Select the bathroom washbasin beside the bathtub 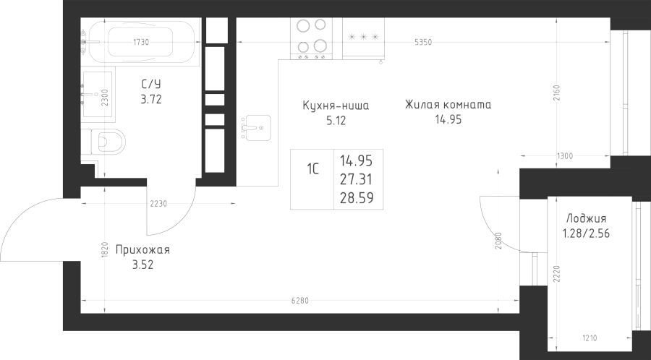click(x=97, y=94)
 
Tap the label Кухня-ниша click(x=336, y=106)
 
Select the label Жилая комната click(x=448, y=105)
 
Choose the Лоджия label click(x=587, y=218)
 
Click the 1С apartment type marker click(x=313, y=171)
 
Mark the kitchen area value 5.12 click(x=336, y=121)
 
